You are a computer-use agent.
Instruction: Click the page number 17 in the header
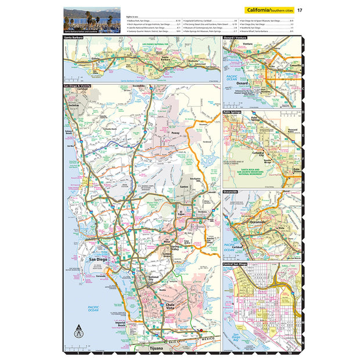pyautogui.click(x=300, y=10)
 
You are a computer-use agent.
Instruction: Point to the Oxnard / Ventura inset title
pyautogui.click(x=236, y=38)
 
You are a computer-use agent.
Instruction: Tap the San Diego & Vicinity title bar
pyautogui.click(x=79, y=86)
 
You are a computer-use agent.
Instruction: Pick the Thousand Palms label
pyautogui.click(x=291, y=131)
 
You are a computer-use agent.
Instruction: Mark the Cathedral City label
pyautogui.click(x=257, y=154)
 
